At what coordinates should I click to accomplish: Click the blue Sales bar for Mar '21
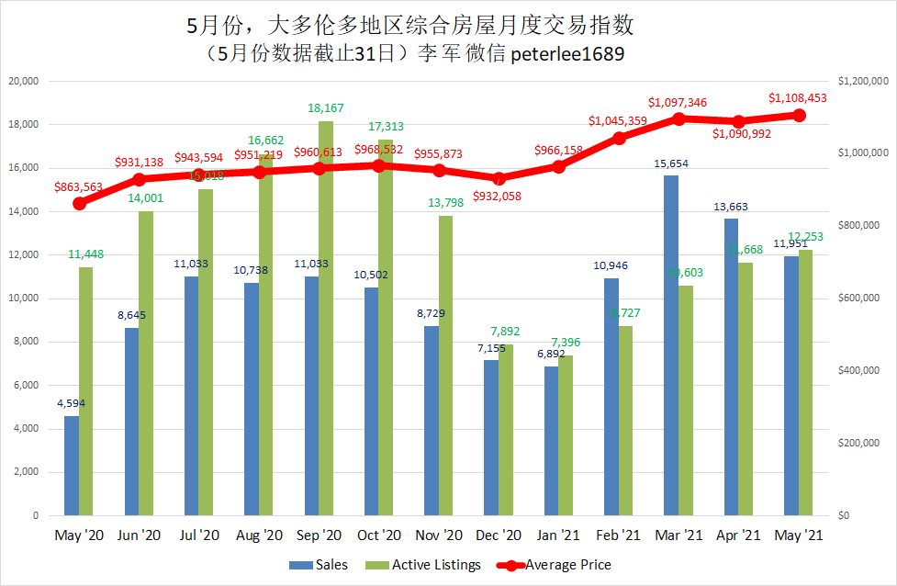[671, 345]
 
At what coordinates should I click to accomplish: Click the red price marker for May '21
[799, 115]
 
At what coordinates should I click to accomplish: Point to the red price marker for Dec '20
[499, 179]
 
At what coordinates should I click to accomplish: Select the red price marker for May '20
[79, 203]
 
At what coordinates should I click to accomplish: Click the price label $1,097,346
[677, 102]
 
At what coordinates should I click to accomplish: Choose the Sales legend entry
[320, 565]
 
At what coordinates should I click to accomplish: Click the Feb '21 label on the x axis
[619, 535]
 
